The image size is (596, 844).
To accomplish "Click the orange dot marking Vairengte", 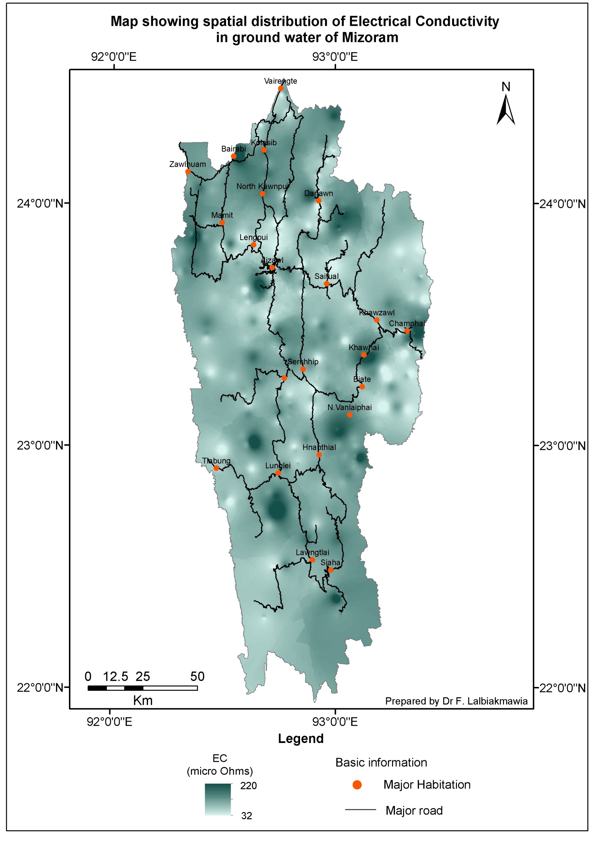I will click(280, 88).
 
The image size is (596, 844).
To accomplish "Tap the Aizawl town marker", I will click(272, 268).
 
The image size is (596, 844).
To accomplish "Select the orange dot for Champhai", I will click(407, 331).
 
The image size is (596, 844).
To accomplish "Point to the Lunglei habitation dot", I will click(278, 473).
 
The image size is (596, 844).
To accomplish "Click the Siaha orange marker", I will click(331, 570).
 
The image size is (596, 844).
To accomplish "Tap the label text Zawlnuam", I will click(187, 164).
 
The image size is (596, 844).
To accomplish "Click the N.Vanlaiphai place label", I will click(349, 407).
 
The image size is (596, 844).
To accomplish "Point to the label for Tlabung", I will click(216, 461).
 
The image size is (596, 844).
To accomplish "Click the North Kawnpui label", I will click(262, 186).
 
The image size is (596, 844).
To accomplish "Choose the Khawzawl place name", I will click(377, 313).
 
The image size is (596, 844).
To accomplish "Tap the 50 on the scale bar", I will click(197, 677).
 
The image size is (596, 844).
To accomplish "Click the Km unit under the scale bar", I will click(142, 701).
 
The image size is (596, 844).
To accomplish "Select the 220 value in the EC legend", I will click(248, 786).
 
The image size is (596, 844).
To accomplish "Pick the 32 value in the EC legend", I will click(247, 816).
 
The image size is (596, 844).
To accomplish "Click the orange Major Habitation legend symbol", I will click(357, 785).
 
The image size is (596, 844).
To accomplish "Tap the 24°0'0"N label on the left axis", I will click(41, 203).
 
